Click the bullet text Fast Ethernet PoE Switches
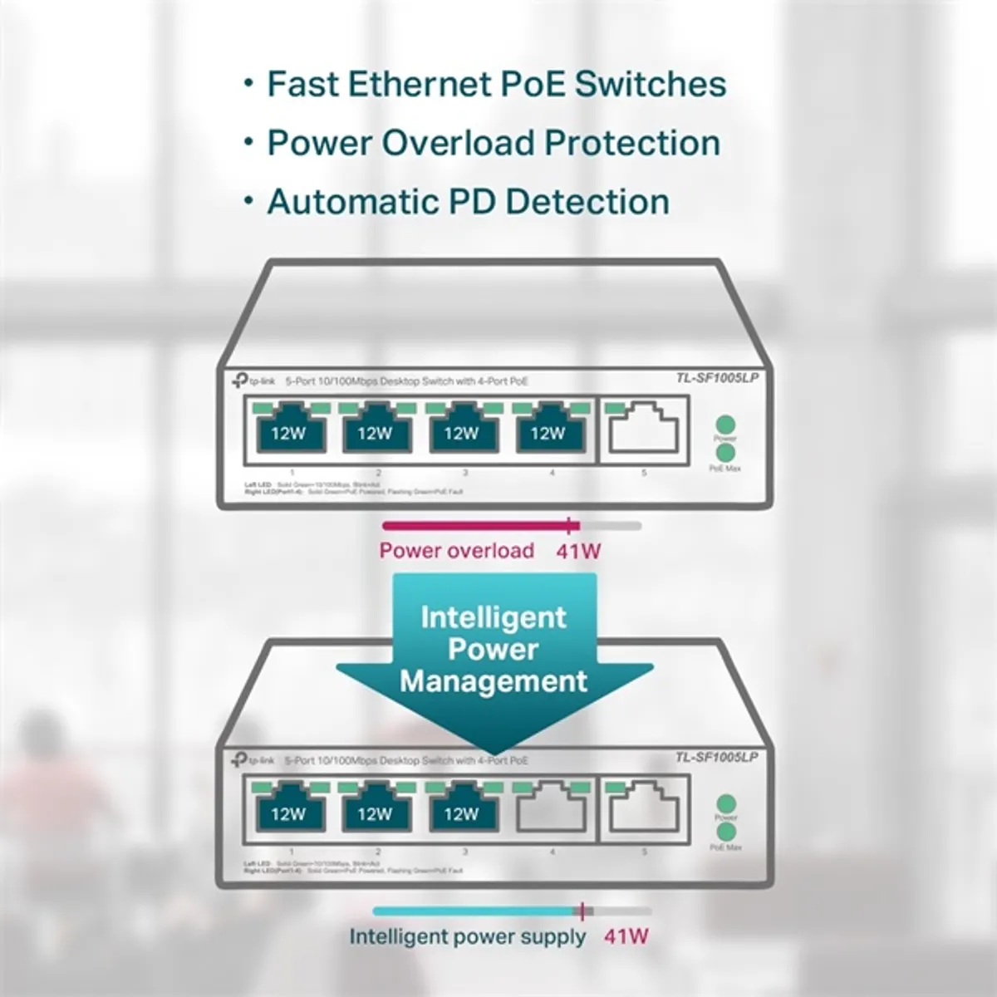click(x=496, y=84)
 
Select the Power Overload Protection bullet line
click(x=493, y=143)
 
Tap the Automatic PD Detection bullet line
click(x=468, y=202)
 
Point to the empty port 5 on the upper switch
click(x=643, y=430)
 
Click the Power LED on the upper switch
click(x=725, y=424)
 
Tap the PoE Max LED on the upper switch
click(x=725, y=453)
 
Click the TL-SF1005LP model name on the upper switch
click(x=716, y=378)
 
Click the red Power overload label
click(x=456, y=551)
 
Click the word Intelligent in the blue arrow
click(x=494, y=617)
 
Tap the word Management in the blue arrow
click(x=494, y=682)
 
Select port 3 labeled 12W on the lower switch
click(x=461, y=812)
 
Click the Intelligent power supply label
click(x=467, y=937)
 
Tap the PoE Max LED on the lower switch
click(x=726, y=832)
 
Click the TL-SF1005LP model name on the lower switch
click(x=716, y=757)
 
